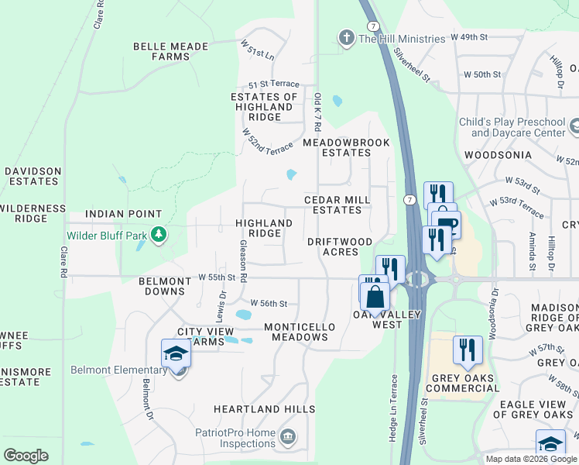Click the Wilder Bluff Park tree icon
pyautogui.click(x=159, y=233)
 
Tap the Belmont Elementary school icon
pyautogui.click(x=176, y=354)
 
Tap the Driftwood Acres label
pyautogui.click(x=340, y=247)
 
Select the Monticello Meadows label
pyautogui.click(x=300, y=332)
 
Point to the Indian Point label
pyautogui.click(x=124, y=214)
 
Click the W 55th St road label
pyautogui.click(x=216, y=277)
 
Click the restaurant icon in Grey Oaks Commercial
pyautogui.click(x=468, y=350)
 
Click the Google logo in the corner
pyautogui.click(x=26, y=456)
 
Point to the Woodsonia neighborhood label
pyautogui.click(x=498, y=155)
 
